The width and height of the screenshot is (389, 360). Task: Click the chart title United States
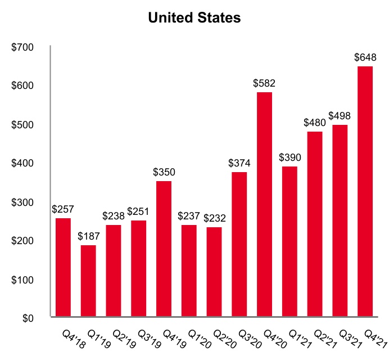[194, 18]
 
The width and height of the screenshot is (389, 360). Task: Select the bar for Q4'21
[365, 191]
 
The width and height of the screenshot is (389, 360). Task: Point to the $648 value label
[365, 57]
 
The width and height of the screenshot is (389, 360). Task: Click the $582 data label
[264, 83]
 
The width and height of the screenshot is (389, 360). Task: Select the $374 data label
[239, 163]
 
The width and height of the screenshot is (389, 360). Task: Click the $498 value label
[340, 115]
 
